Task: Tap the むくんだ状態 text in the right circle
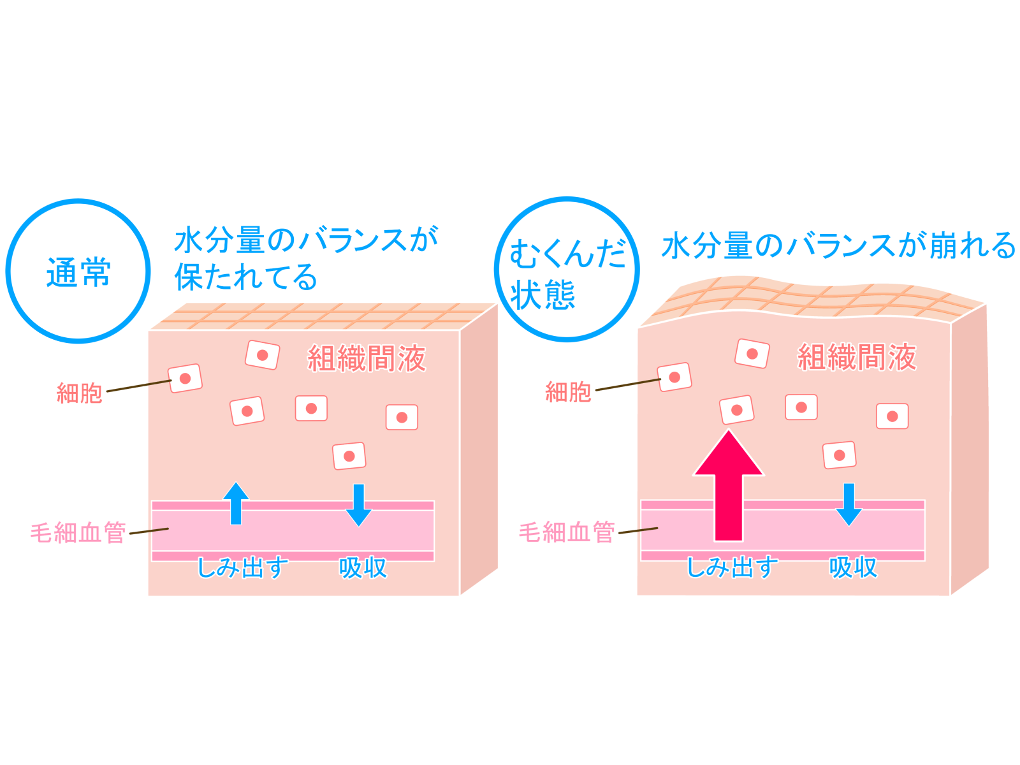point(567,275)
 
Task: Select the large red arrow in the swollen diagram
point(728,485)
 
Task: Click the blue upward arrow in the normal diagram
point(236,504)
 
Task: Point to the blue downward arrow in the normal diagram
point(359,506)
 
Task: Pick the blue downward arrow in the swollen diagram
point(849,505)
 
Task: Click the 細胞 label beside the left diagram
point(79,393)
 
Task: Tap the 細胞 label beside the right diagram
point(568,392)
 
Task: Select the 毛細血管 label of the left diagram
point(78,532)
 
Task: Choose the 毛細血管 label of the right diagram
point(567,532)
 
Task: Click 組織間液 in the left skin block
point(367,358)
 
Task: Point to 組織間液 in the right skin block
point(857,357)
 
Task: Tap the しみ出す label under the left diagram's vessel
point(242,567)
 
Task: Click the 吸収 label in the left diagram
point(363,567)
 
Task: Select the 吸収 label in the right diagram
point(853,567)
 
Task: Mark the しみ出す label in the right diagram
point(732,567)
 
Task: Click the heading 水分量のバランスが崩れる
point(839,245)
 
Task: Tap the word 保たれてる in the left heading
point(246,277)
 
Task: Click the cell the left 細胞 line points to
point(185,378)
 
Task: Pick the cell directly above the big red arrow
point(736,410)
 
